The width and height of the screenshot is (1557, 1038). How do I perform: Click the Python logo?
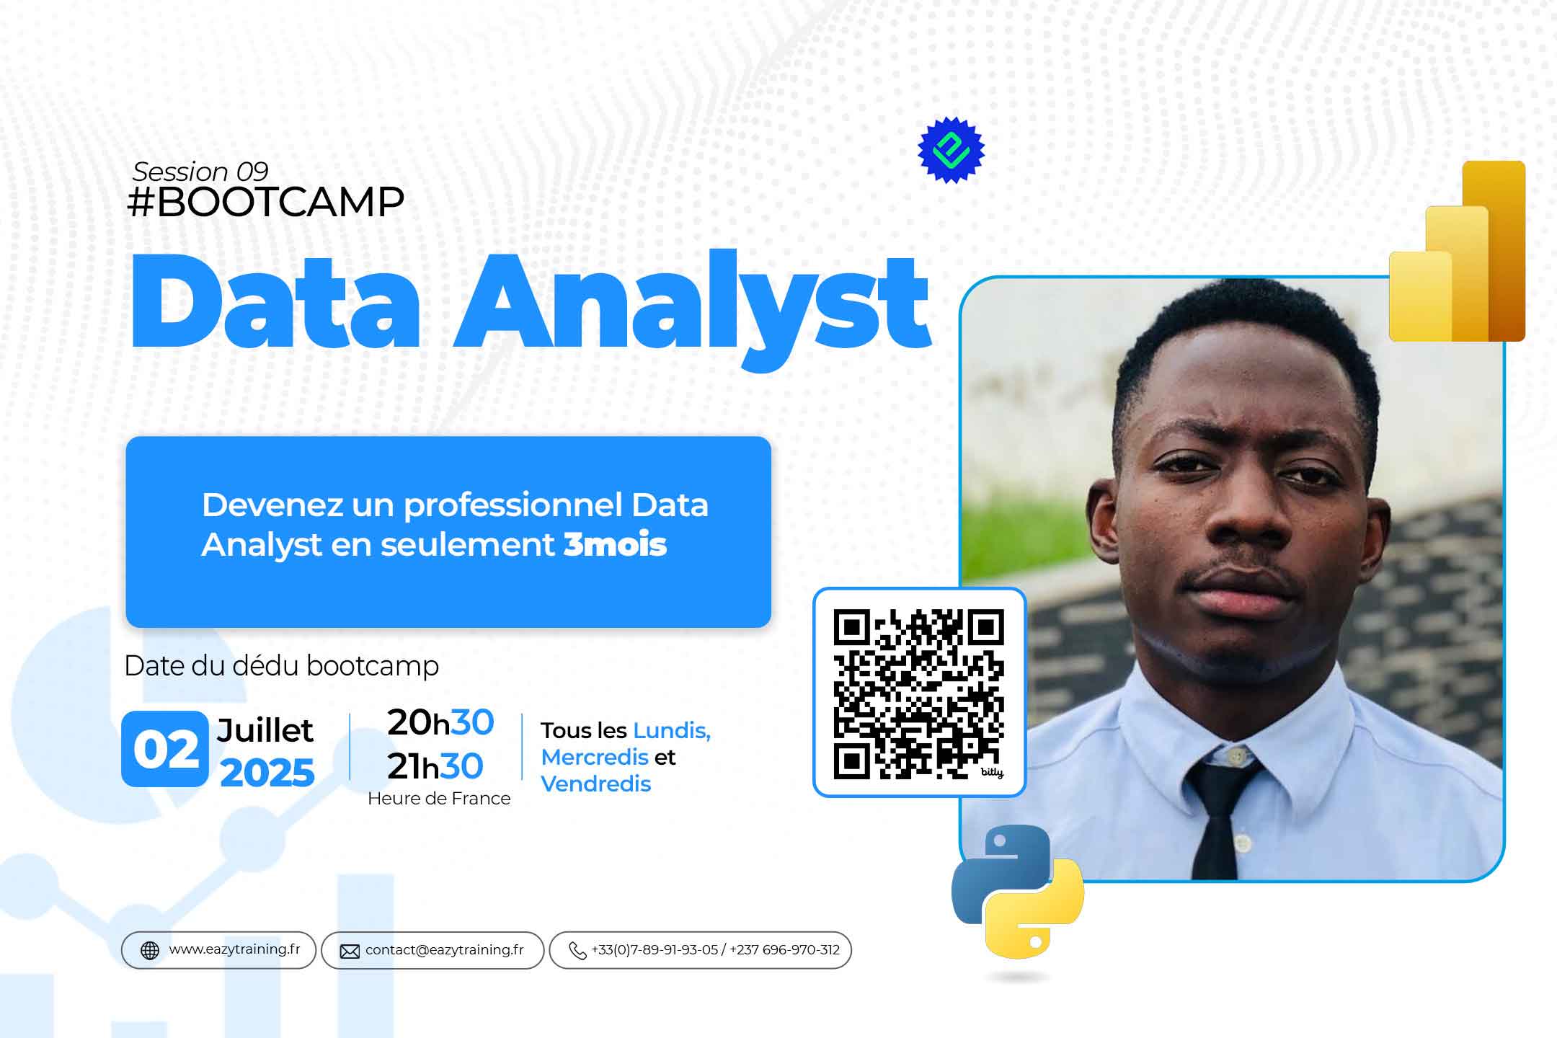tap(1017, 891)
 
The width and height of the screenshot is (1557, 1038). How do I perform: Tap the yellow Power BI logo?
tap(1457, 251)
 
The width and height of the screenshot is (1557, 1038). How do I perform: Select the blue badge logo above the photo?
tap(951, 150)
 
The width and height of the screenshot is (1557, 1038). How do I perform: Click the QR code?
tap(918, 693)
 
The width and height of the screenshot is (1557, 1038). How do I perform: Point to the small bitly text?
tap(992, 773)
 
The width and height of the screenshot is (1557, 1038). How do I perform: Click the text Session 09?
tap(200, 172)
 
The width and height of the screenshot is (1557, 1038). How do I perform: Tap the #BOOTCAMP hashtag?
tap(265, 202)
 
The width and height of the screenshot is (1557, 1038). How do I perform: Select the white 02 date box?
tap(165, 748)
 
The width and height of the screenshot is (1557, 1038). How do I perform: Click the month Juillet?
tap(265, 730)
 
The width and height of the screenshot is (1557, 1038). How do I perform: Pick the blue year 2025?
tap(267, 773)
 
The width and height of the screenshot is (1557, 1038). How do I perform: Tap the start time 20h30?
tap(440, 722)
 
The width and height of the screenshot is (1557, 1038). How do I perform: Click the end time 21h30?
tap(435, 766)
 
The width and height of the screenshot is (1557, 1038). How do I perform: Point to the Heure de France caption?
tap(439, 799)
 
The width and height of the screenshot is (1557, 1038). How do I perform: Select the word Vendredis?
tap(596, 784)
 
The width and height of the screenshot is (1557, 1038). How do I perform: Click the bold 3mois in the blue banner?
tap(615, 544)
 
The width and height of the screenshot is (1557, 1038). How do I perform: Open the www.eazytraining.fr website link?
tap(234, 949)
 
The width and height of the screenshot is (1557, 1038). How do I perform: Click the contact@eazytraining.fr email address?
tap(445, 950)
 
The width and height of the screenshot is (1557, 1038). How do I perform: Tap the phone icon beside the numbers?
tap(577, 951)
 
